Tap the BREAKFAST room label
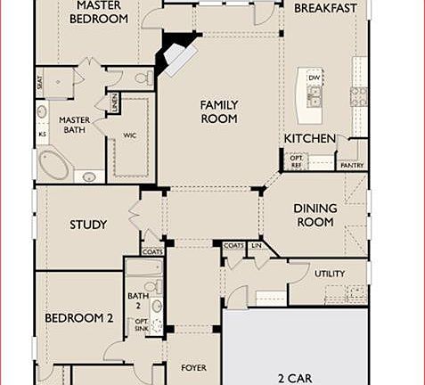[325, 8]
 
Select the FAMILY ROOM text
[219, 111]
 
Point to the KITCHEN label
[309, 139]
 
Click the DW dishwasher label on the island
[314, 78]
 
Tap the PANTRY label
[351, 165]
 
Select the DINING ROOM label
[315, 215]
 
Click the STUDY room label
[88, 225]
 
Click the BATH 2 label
[136, 301]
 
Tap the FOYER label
[193, 367]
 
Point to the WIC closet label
[129, 135]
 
